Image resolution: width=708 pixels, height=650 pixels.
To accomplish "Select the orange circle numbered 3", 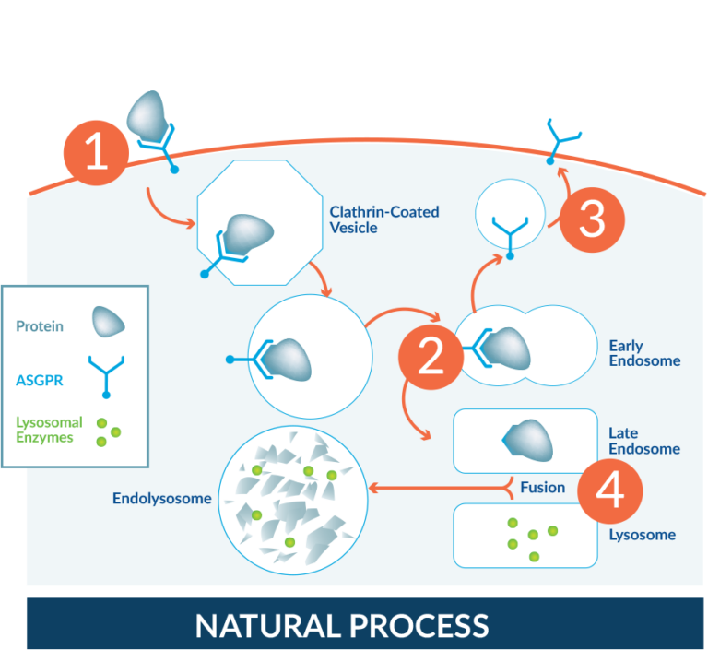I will pos(591,220).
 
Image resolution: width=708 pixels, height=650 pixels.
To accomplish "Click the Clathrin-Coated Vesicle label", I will pos(383,219).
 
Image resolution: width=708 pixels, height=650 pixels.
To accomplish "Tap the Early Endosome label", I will pos(643,353).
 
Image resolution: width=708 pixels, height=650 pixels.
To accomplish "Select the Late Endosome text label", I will pos(643,441).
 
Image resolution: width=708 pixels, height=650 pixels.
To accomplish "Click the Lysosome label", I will pos(642,535).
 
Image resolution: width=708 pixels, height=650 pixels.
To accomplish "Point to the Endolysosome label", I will pos(161,499).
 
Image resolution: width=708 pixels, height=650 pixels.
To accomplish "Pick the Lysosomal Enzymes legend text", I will pos(49,430).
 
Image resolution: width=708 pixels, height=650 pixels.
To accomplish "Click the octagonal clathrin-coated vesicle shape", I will pos(260,224).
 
